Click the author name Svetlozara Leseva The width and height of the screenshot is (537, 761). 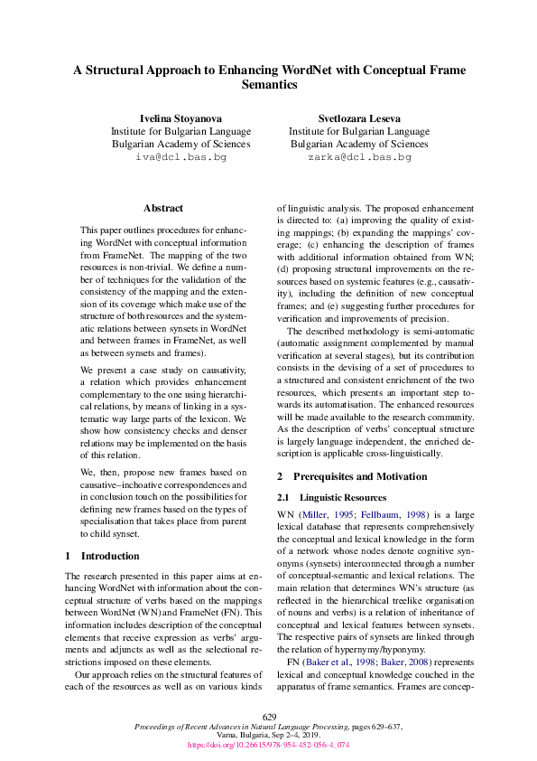pos(358,118)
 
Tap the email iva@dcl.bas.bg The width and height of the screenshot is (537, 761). pos(181,157)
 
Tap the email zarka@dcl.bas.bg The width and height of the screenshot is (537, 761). pos(358,157)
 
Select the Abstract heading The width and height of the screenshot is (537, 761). pos(162,208)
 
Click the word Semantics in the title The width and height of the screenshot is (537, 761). pos(269,84)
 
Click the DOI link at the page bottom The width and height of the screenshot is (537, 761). pos(268,746)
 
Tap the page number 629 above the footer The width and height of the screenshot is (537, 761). pos(268,716)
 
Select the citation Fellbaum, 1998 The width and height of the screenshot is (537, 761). pos(375,514)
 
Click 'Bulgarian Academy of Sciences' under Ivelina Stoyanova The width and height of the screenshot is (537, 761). pos(181,144)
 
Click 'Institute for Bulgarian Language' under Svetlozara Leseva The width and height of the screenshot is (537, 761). pos(358,131)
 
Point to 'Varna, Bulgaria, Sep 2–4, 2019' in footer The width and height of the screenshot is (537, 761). pos(268,736)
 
